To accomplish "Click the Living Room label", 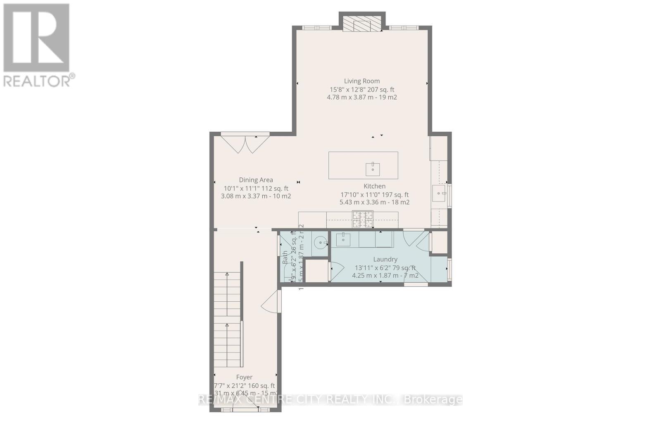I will coord(362,81).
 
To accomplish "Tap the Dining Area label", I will coord(256,180).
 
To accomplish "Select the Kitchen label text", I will coord(374,187).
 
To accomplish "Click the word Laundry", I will coord(385,260).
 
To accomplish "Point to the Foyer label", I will coord(244,377).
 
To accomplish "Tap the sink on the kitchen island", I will coord(373,169).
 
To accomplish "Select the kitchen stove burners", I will coord(362,219).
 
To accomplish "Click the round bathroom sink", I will coord(320,243).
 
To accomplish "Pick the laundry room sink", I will coord(343,239).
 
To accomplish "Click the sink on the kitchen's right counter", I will coord(439,193).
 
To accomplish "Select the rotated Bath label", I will coord(285,258).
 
